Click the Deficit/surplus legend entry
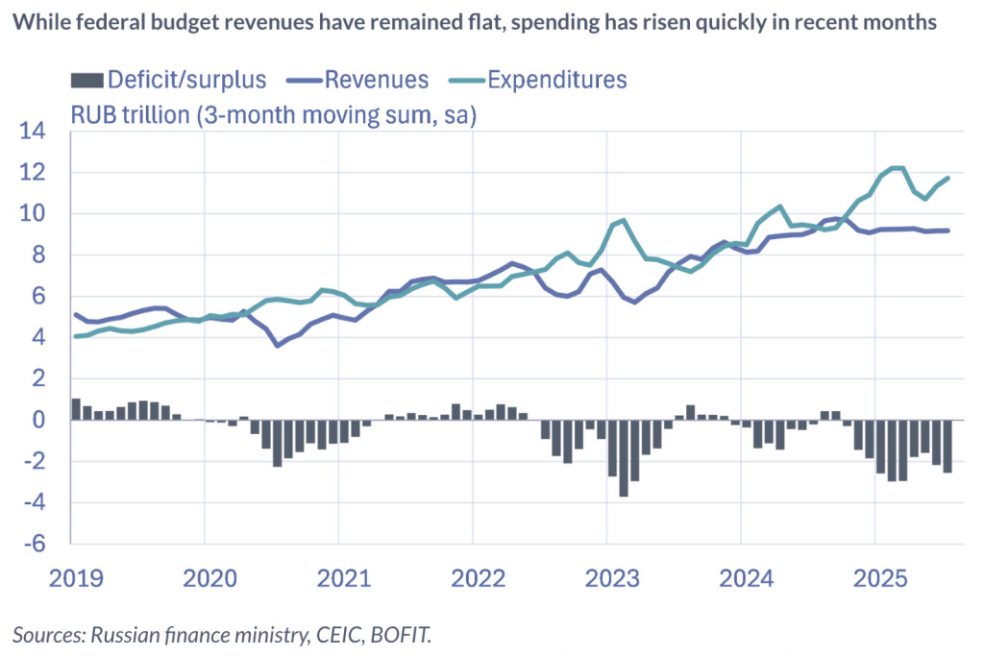click(x=169, y=79)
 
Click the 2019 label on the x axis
click(x=77, y=579)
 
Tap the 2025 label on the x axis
click(x=881, y=579)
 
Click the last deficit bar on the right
click(x=947, y=447)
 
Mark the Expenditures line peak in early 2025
click(x=897, y=168)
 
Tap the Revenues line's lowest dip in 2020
click(x=278, y=345)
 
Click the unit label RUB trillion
click(x=134, y=115)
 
